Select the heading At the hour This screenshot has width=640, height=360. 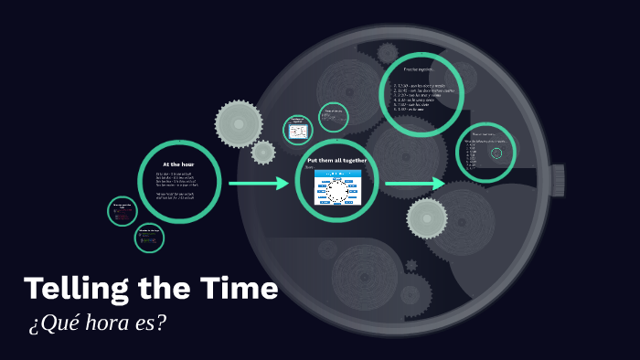179,164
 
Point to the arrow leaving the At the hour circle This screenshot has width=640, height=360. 259,184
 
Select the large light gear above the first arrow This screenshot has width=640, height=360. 238,123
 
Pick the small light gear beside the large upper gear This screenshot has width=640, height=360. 263,152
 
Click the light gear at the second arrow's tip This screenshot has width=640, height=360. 426,218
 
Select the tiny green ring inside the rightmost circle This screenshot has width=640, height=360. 496,153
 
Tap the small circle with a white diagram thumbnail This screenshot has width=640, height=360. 298,130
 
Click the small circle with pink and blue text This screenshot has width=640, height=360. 122,211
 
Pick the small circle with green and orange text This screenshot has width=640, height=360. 149,238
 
